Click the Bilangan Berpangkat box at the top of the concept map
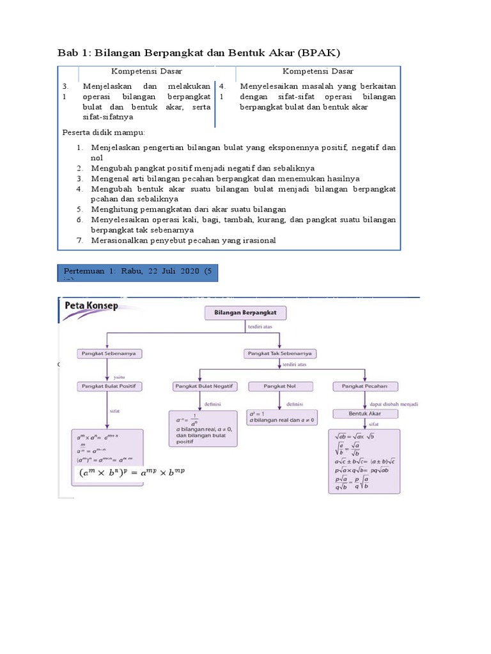tap(245, 313)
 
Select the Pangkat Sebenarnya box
tap(111, 353)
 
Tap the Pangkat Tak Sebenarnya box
tap(281, 353)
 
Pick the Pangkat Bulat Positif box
tap(111, 386)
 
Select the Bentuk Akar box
tap(364, 413)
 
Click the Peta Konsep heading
tap(91, 306)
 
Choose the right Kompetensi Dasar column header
tap(318, 72)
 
